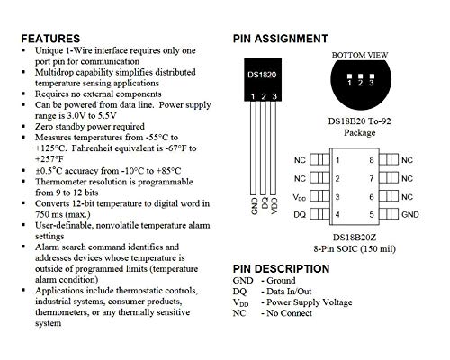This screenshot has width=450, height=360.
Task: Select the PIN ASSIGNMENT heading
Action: (280, 39)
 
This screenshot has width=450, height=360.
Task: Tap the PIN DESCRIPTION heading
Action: (282, 268)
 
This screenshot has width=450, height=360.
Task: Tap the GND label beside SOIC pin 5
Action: (410, 214)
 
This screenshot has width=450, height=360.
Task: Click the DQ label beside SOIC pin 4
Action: (300, 214)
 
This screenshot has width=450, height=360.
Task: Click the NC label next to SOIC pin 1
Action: (300, 160)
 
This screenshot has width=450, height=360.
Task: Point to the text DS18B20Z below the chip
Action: (358, 238)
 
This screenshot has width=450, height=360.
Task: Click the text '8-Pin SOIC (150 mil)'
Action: (358, 250)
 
